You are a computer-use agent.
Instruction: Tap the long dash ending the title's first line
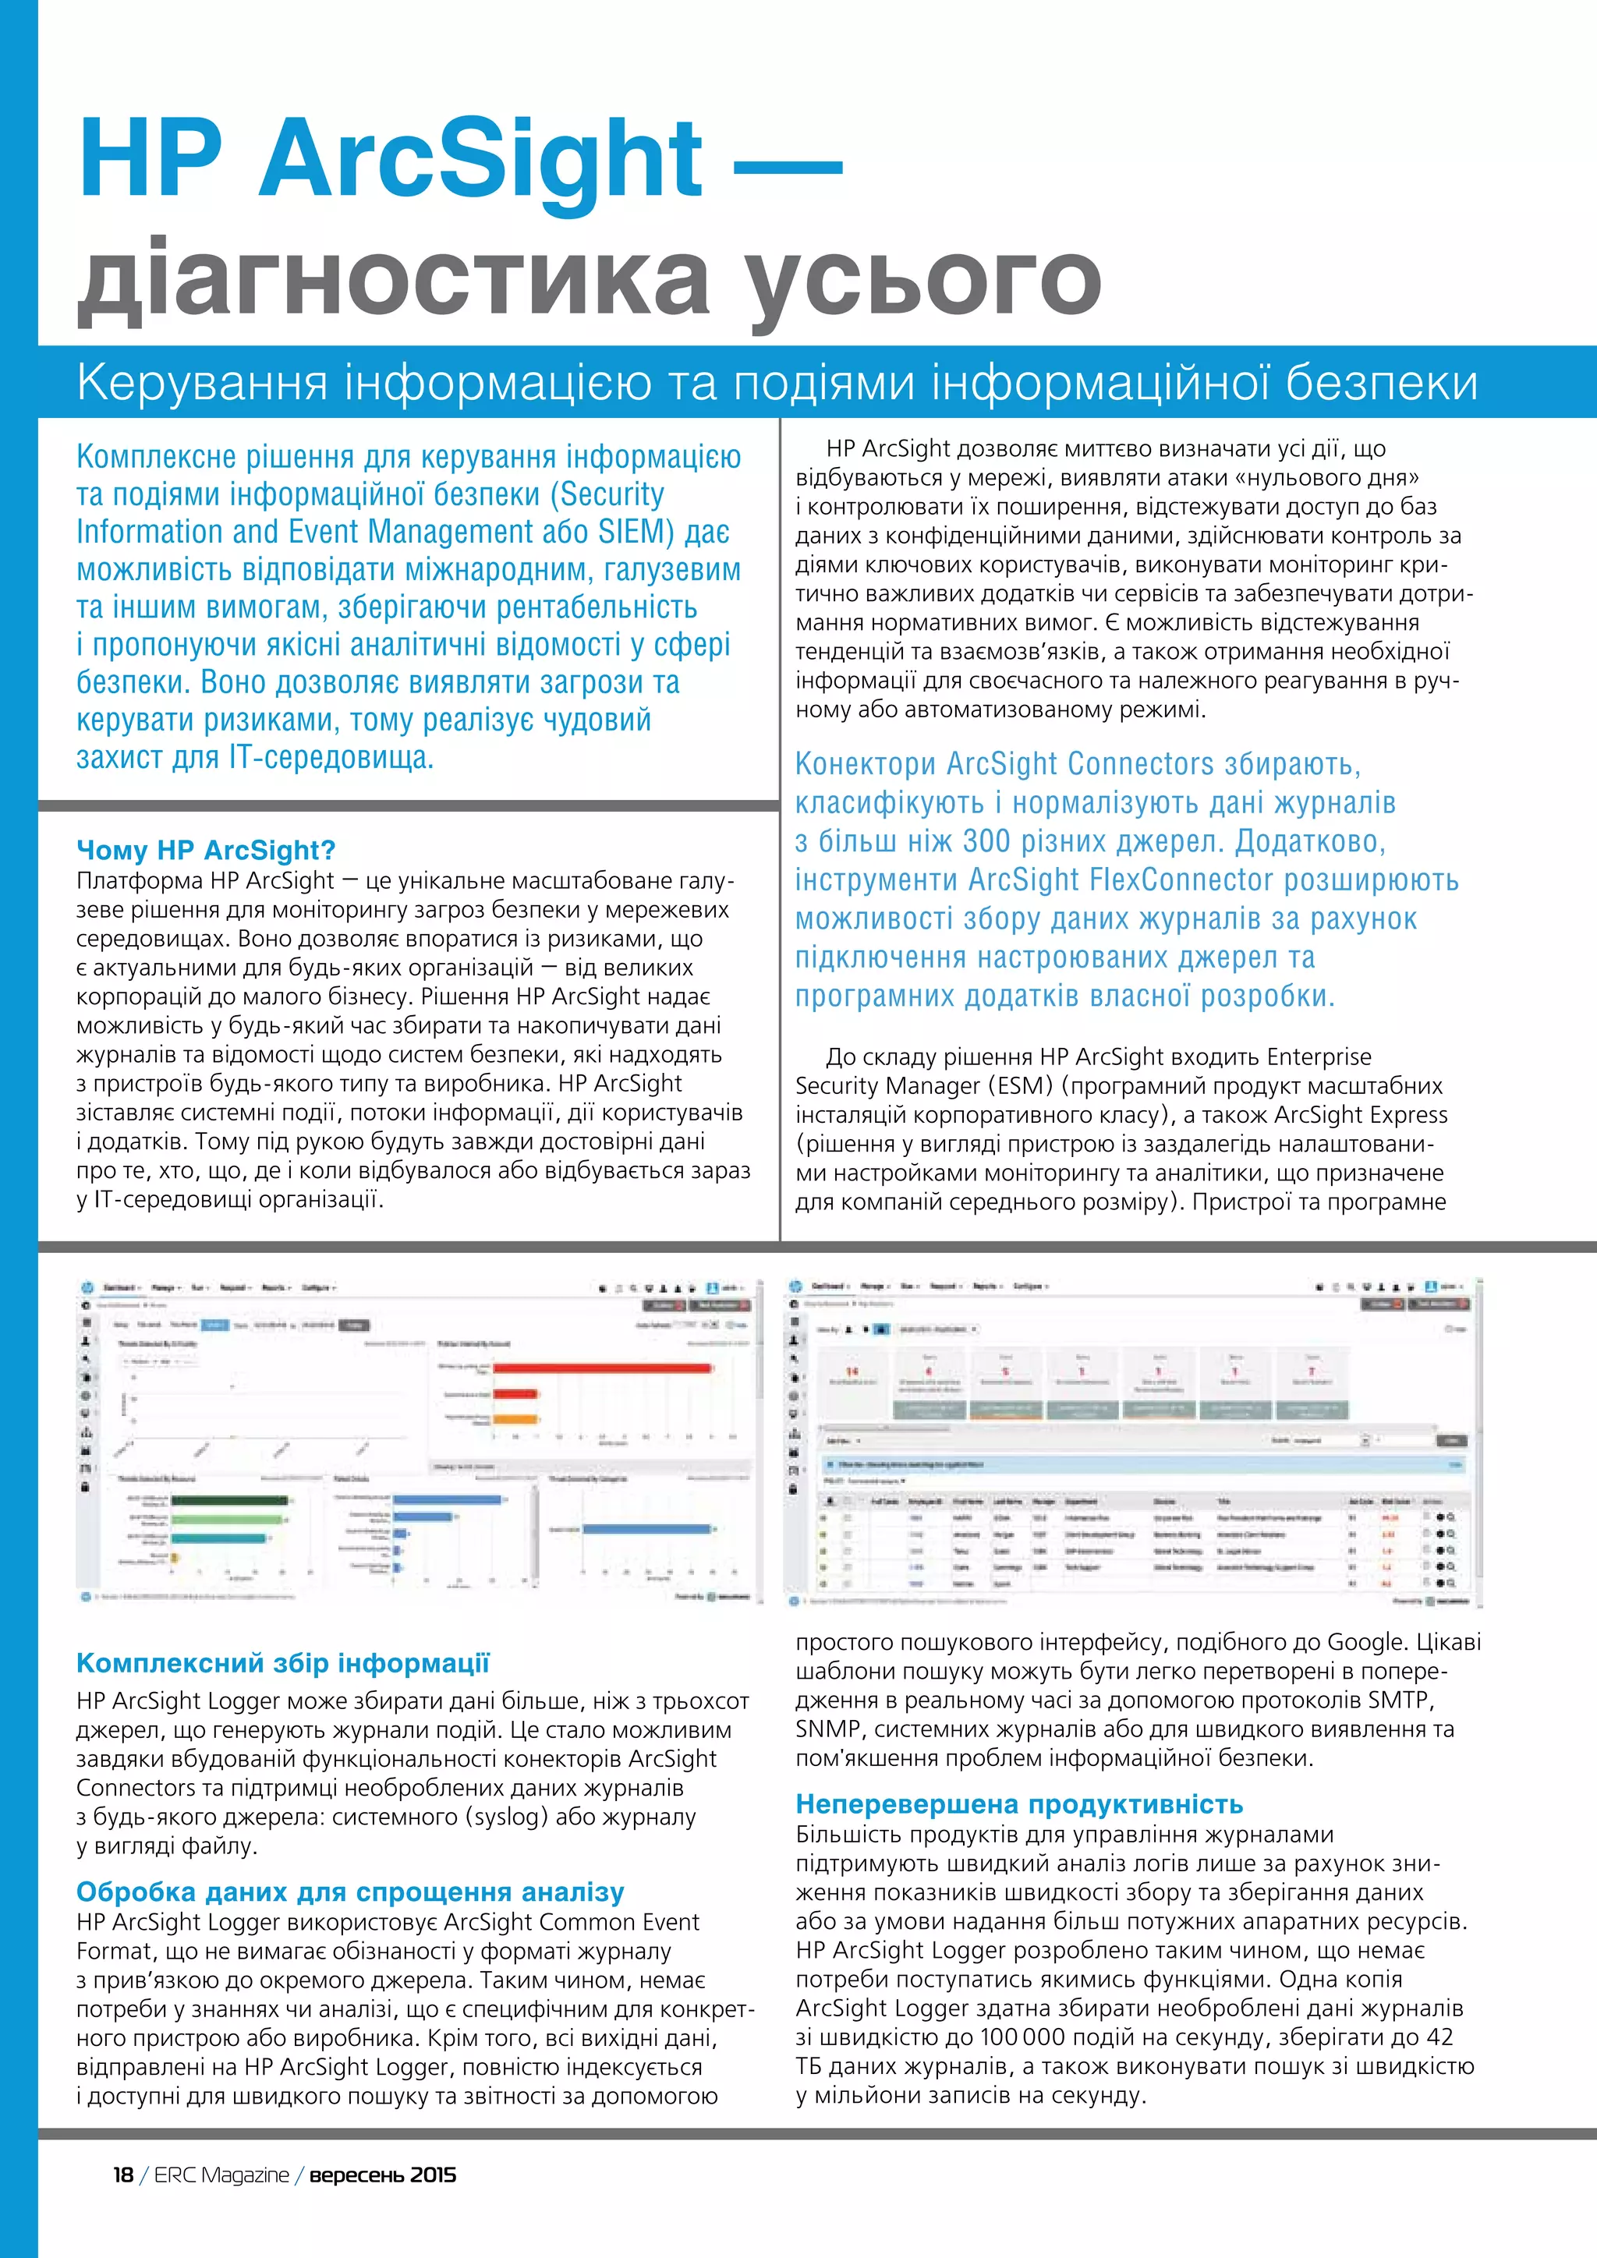(x=788, y=165)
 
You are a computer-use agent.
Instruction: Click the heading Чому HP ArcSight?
(x=206, y=850)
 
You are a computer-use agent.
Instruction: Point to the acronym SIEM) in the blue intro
(x=636, y=532)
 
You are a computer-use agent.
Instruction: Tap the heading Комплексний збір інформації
(x=283, y=1663)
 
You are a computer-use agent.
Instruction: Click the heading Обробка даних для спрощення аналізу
(x=350, y=1892)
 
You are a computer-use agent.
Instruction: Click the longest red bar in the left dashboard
(x=602, y=1368)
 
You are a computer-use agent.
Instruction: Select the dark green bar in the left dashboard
(x=229, y=1500)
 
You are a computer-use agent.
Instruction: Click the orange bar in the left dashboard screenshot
(x=515, y=1418)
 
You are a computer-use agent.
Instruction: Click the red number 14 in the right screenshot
(x=852, y=1371)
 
